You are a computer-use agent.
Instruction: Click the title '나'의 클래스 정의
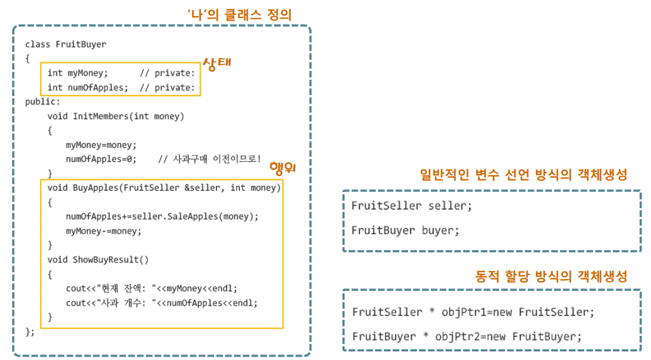coord(240,13)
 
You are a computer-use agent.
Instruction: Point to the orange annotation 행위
coord(282,167)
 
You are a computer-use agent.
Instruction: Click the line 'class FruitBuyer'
coord(66,44)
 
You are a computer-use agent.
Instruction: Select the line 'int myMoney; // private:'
coord(121,73)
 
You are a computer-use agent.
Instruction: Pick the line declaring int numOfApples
coord(121,88)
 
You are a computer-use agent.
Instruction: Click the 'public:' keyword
coord(43,102)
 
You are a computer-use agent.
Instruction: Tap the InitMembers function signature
coord(116,116)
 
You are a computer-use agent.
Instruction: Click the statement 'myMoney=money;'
coord(101,145)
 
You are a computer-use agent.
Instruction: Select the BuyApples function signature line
coord(164,188)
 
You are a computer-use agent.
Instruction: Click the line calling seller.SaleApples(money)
coord(162,216)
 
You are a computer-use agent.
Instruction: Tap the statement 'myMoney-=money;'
coord(104,231)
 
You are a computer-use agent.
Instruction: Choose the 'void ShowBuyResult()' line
coord(98,260)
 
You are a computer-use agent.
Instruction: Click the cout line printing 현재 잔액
coord(151,288)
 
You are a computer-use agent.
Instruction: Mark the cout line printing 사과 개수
coord(161,302)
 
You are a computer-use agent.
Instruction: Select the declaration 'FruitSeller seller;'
coord(411,205)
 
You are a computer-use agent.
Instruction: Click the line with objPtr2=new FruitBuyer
coord(467,336)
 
